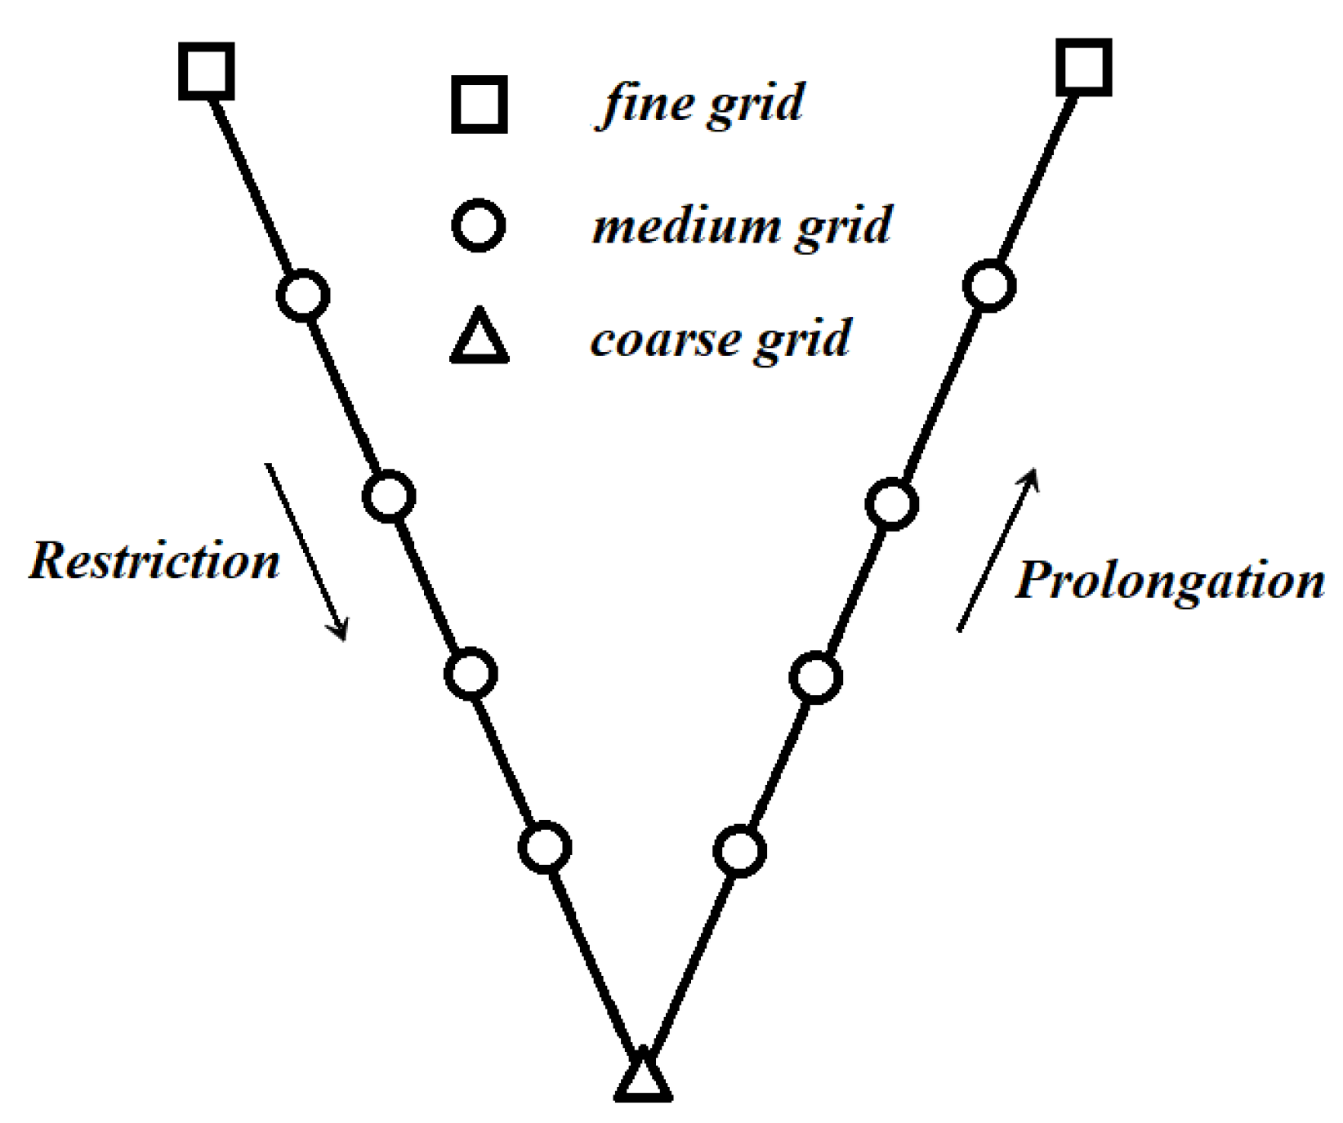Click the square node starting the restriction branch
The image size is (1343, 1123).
coord(207,72)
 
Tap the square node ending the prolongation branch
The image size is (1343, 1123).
coord(1083,67)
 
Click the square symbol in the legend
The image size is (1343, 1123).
coord(480,105)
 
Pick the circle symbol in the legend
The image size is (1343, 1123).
coord(479,224)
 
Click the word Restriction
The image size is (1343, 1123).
coord(154,561)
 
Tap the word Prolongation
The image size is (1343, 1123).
coord(1169,581)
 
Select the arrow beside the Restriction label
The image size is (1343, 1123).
coord(306,551)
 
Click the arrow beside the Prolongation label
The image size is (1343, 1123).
coord(997,550)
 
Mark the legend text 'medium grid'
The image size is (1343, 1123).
coord(742,225)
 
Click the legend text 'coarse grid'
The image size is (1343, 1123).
coord(721,338)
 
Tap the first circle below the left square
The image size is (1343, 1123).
coord(303,294)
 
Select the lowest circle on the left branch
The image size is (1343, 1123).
coord(545,847)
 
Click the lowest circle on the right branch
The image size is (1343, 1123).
coord(740,851)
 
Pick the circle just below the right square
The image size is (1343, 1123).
coord(989,286)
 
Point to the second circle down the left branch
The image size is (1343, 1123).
coord(389,496)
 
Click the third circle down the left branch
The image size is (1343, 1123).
coord(471,674)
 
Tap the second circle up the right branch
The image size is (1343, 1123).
coord(816,677)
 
